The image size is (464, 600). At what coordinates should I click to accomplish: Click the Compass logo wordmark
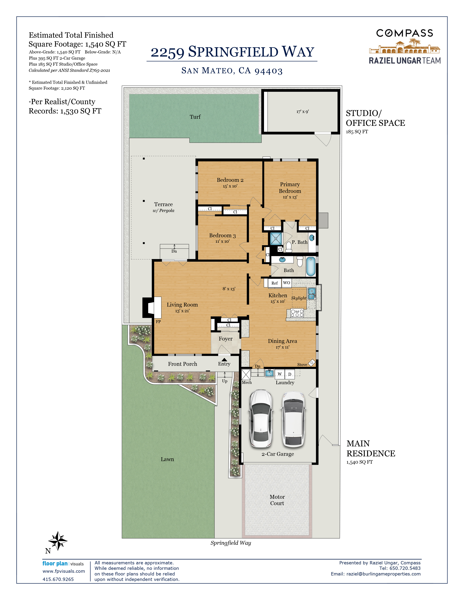pos(404,33)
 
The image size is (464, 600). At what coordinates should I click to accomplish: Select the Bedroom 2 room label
pos(230,180)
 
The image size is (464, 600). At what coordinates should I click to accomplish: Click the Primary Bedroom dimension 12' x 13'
pos(290,197)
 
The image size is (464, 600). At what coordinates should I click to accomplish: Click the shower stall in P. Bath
pos(276,239)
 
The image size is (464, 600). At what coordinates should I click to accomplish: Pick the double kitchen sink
pos(312,293)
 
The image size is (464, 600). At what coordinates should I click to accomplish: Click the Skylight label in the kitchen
pos(299,298)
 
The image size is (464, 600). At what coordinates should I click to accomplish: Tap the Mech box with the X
pos(246,374)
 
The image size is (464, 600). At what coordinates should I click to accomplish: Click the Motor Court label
pos(277,500)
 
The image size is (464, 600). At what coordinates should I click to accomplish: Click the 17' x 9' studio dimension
pos(302,111)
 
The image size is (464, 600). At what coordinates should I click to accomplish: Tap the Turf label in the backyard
pos(195,117)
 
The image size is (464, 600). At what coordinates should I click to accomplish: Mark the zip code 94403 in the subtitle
pos(269,71)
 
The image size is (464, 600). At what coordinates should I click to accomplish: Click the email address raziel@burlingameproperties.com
pos(383,574)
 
